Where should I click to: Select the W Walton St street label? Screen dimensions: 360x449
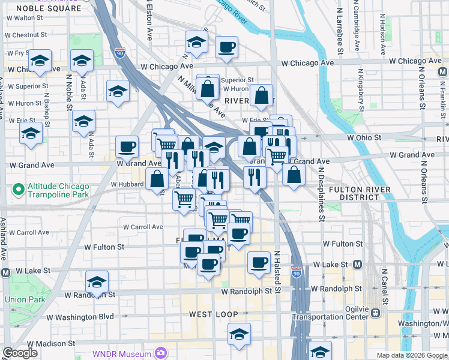pos(25,18)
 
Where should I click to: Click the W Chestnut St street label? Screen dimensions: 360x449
pos(25,35)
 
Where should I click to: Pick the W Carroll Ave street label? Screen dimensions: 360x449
pos(143,227)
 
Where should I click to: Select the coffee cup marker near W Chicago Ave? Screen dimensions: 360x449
pos(226,47)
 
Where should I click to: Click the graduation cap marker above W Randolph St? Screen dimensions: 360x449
pos(97,281)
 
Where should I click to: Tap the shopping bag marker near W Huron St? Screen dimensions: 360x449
pos(262,95)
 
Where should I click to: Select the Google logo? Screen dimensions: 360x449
pos(20,353)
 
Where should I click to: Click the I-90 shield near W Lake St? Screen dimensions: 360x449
pos(297,272)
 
